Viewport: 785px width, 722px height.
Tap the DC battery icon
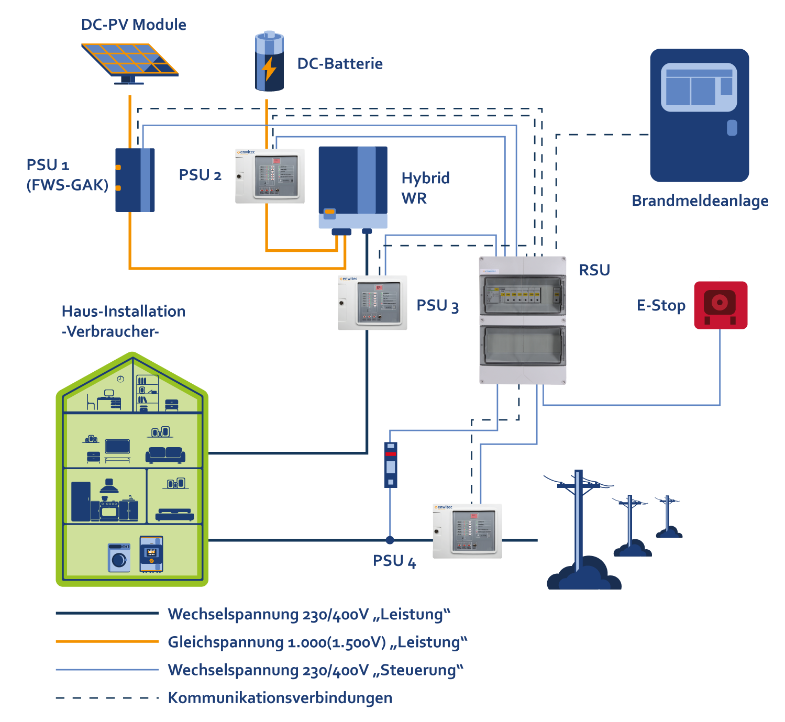click(x=269, y=62)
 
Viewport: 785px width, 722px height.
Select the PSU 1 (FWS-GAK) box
click(x=135, y=180)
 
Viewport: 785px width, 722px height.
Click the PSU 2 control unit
click(x=270, y=176)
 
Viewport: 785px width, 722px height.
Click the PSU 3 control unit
click(x=372, y=303)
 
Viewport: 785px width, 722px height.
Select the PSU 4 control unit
click(x=467, y=531)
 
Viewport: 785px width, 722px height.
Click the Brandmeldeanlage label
click(x=700, y=201)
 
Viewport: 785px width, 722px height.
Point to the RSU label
click(x=594, y=270)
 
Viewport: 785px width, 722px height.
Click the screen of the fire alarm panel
click(x=699, y=87)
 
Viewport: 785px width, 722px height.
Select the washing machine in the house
click(x=119, y=558)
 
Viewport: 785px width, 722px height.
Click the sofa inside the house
click(x=165, y=454)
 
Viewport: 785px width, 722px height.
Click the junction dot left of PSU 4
click(x=390, y=540)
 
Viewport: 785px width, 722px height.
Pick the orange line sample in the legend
click(x=107, y=641)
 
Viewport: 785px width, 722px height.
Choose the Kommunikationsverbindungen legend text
click(x=280, y=698)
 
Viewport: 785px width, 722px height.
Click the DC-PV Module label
click(x=134, y=25)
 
